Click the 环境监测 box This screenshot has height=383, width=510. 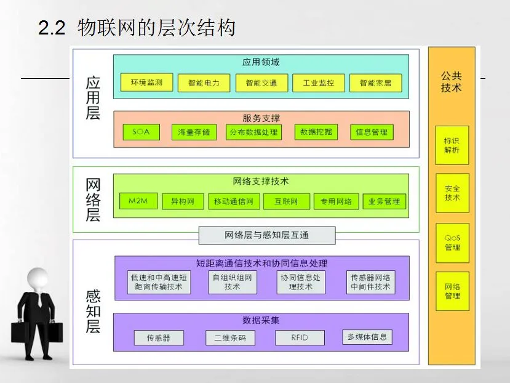point(142,83)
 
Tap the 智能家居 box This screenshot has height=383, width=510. point(375,83)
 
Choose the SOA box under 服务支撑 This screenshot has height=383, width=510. point(141,132)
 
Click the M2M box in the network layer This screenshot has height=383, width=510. point(138,201)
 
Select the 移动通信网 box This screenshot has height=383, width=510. point(233,201)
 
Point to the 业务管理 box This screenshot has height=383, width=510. point(384,201)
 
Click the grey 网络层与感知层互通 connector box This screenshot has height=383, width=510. point(267,235)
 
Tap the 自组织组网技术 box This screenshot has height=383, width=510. point(232,282)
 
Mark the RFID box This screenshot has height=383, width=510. point(300,337)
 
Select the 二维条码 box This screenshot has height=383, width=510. point(230,337)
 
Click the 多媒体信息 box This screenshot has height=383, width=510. point(367,337)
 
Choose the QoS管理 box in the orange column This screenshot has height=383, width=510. point(452,243)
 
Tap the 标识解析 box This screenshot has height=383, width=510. point(452,145)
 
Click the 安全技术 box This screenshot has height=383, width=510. point(452,193)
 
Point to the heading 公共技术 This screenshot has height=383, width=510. point(451,82)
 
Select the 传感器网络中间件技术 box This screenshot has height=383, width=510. point(370,282)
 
